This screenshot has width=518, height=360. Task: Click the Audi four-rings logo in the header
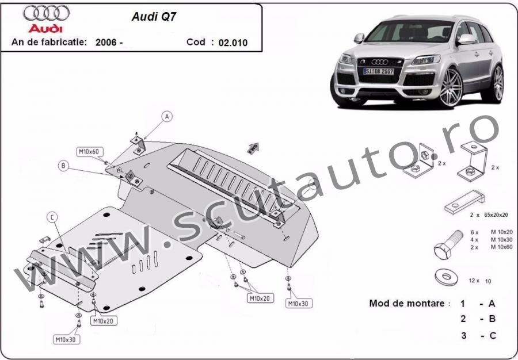tap(46, 13)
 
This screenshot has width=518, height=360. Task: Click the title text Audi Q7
tap(154, 17)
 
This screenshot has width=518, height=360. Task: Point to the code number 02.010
tap(233, 43)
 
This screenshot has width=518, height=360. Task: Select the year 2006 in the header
tap(106, 42)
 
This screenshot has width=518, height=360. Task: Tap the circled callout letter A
tap(167, 117)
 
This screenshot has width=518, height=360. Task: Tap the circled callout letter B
tap(63, 166)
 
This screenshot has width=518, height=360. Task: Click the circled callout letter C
tap(52, 217)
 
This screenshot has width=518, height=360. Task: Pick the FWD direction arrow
tap(253, 148)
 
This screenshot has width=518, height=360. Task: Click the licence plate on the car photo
tap(379, 71)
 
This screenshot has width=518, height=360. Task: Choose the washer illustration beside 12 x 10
tap(446, 277)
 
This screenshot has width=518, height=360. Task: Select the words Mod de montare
tap(407, 303)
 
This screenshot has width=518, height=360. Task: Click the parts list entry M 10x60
tap(501, 247)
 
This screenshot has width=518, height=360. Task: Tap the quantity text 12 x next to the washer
tap(474, 281)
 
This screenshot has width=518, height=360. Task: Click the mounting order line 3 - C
tap(478, 336)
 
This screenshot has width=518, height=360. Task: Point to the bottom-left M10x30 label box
tap(66, 339)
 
